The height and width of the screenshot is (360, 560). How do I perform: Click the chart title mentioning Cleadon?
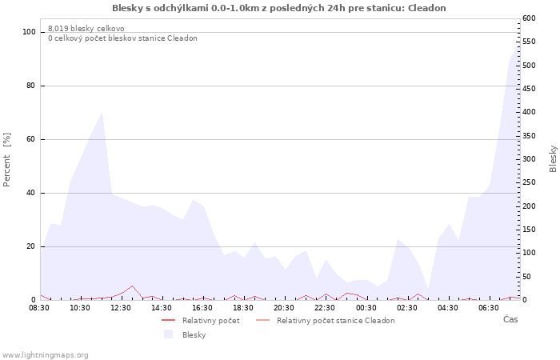(279, 8)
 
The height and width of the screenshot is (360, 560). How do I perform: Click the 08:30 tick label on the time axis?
(39, 308)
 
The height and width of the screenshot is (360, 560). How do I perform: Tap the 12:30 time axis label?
(121, 308)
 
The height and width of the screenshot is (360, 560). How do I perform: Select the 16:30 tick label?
(202, 308)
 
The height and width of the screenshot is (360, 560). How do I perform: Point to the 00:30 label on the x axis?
(366, 308)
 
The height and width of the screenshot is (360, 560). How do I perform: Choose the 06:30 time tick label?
(489, 308)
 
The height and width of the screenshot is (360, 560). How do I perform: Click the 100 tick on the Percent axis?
(29, 32)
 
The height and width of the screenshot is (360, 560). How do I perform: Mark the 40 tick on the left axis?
(31, 194)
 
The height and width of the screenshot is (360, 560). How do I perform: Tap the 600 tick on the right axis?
(529, 18)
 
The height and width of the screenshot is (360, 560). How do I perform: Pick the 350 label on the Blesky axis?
(529, 136)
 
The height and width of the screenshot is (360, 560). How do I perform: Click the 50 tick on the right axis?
(526, 277)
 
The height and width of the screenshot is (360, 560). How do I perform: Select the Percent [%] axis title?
(6, 160)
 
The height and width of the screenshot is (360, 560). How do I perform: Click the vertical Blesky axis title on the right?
(553, 158)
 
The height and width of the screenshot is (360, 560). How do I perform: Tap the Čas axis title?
(510, 319)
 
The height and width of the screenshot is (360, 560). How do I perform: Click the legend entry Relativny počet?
(210, 321)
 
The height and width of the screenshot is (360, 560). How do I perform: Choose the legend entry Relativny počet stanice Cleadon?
(336, 321)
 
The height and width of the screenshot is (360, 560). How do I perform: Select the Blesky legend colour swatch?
(168, 334)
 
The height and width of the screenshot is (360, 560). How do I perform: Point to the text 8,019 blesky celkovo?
(86, 29)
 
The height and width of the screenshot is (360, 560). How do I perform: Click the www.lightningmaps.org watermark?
(45, 355)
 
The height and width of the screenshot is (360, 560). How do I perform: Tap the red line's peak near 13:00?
(133, 286)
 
